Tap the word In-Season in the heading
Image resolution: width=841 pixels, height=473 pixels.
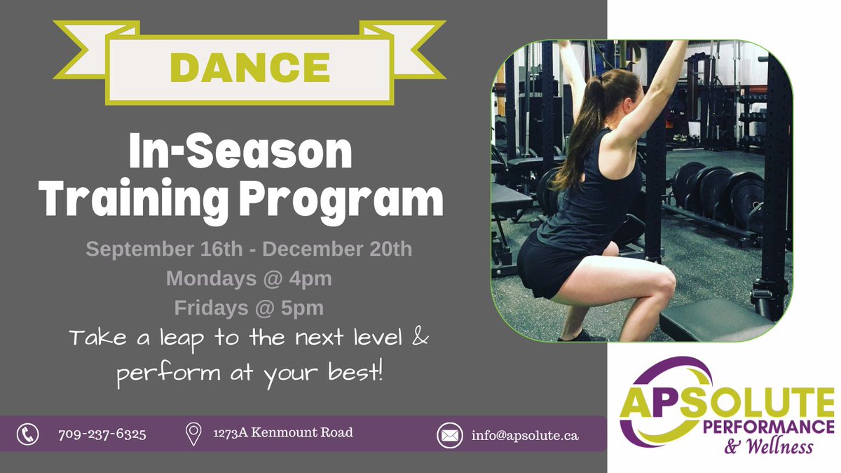(240, 154)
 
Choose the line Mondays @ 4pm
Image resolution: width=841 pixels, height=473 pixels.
(249, 278)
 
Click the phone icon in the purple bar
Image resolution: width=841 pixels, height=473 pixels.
(27, 434)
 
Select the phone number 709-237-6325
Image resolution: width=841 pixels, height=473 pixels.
(102, 434)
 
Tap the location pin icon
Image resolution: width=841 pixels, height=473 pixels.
(193, 434)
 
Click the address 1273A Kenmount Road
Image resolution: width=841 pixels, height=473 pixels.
(282, 433)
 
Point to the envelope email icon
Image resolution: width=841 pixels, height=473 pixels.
(449, 435)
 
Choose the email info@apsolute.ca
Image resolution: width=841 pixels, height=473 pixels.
(525, 435)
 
